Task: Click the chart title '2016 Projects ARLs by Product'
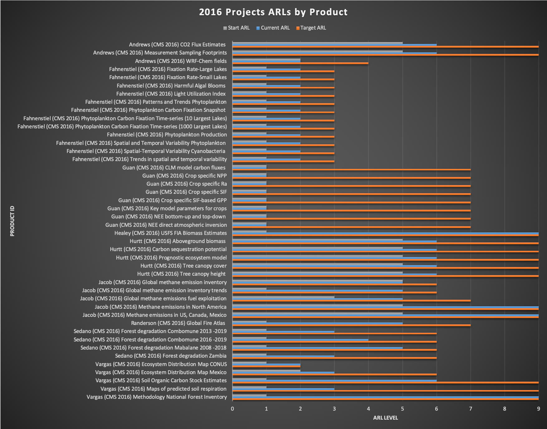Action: click(273, 12)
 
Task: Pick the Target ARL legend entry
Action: click(311, 28)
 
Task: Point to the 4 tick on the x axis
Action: click(368, 409)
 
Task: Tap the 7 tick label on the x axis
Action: click(470, 409)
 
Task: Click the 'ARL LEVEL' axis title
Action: click(385, 418)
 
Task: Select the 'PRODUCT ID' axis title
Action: click(12, 221)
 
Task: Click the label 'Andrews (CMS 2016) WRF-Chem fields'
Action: click(181, 61)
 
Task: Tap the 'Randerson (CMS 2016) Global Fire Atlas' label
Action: click(178, 323)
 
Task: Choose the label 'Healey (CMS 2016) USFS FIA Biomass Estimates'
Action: click(171, 233)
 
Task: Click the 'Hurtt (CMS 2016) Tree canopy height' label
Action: click(181, 274)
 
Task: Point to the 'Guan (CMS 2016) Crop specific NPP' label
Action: click(185, 176)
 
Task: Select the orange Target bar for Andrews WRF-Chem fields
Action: click(300, 63)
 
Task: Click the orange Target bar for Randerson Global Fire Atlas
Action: click(351, 325)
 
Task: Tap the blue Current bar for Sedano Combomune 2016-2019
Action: click(300, 340)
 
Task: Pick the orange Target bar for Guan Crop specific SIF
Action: click(351, 194)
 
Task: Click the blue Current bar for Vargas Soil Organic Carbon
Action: click(334, 380)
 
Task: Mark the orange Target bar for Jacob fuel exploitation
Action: click(351, 301)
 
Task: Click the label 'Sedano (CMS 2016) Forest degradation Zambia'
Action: click(171, 356)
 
